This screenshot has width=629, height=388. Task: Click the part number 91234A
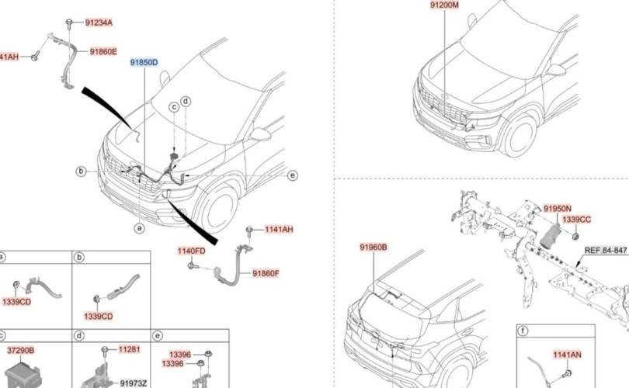pyautogui.click(x=99, y=23)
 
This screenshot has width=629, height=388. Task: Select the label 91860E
pyautogui.click(x=103, y=52)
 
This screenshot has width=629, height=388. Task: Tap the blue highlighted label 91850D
pyautogui.click(x=144, y=62)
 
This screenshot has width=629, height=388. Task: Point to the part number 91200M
pyautogui.click(x=445, y=5)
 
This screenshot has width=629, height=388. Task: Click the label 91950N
pyautogui.click(x=557, y=209)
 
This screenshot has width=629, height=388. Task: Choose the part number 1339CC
pyautogui.click(x=576, y=220)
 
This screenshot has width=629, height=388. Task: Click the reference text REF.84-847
pyautogui.click(x=606, y=250)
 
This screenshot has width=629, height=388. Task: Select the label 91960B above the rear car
pyautogui.click(x=373, y=247)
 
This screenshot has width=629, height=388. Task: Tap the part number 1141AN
pyautogui.click(x=567, y=355)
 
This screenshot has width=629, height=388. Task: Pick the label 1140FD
pyautogui.click(x=191, y=251)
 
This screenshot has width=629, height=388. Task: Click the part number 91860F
pyautogui.click(x=266, y=273)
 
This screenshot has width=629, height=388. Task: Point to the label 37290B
pyautogui.click(x=20, y=350)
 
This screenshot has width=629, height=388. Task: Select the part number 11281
pyautogui.click(x=129, y=350)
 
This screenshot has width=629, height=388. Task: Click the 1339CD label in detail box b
pyautogui.click(x=99, y=316)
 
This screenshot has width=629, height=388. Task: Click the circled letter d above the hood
pyautogui.click(x=186, y=102)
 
